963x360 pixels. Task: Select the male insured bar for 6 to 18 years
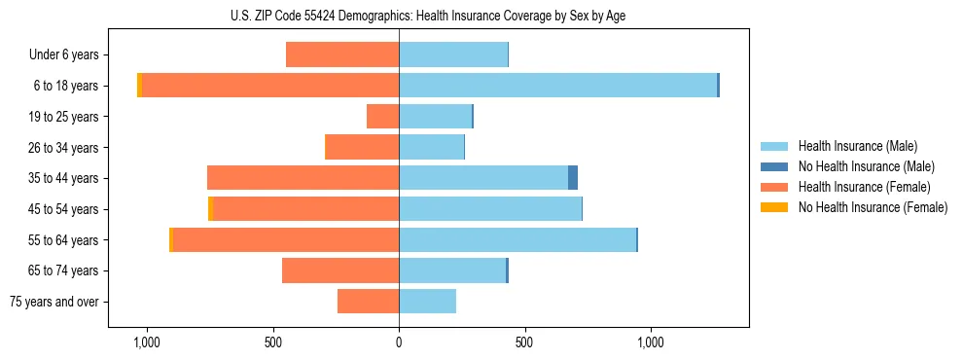(557, 86)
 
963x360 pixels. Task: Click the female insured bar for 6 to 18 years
(270, 86)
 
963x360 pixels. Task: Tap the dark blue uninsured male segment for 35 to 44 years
(573, 178)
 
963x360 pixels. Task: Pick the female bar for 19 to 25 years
(382, 117)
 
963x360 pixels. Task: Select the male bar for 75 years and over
(427, 302)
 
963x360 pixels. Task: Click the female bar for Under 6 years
(342, 55)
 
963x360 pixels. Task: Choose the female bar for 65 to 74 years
(340, 270)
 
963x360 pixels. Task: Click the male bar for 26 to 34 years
(431, 148)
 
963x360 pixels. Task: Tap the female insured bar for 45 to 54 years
(305, 209)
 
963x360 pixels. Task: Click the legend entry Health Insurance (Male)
(857, 146)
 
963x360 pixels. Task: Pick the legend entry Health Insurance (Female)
(864, 187)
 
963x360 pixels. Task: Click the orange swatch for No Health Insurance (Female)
(774, 207)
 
